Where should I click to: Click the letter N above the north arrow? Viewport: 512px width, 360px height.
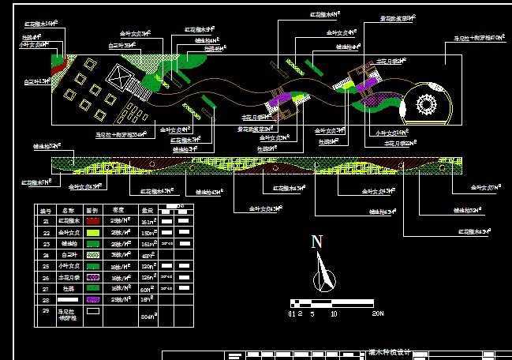pos(316,242)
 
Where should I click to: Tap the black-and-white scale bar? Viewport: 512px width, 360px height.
pos(331,302)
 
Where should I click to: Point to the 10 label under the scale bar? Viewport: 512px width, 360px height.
pos(334,314)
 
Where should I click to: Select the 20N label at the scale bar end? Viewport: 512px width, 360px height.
pos(377,314)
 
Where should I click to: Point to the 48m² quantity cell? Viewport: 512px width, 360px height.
pos(147,255)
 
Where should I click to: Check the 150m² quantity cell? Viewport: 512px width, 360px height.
pos(147,233)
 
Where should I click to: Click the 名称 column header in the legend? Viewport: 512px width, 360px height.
pos(68,211)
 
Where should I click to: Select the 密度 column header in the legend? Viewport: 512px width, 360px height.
pos(118,211)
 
